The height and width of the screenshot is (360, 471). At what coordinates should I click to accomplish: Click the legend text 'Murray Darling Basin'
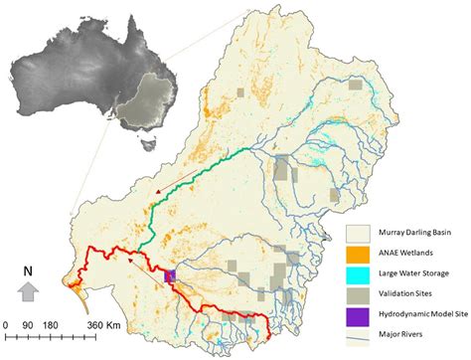pyautogui.click(x=418, y=237)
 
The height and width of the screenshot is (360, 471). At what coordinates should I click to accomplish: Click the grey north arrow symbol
pyautogui.click(x=30, y=290)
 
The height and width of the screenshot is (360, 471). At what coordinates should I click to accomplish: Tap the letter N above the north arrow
pyautogui.click(x=30, y=269)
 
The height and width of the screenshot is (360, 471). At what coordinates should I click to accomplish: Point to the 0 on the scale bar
pyautogui.click(x=6, y=325)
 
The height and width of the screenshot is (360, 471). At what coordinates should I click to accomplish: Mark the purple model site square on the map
pyautogui.click(x=170, y=276)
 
